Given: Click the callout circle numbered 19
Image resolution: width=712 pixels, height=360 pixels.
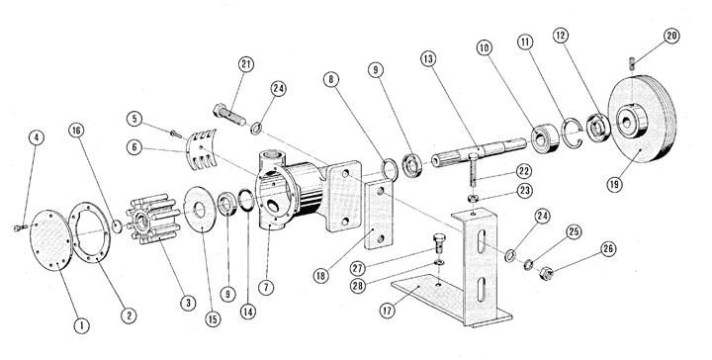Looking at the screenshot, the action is coord(616,184).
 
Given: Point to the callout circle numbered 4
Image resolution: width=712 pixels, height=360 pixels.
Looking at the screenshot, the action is coord(37,138).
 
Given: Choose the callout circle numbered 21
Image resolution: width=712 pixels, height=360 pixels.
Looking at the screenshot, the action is coord(245,65).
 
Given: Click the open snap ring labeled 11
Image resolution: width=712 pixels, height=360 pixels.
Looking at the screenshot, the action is coord(573,133).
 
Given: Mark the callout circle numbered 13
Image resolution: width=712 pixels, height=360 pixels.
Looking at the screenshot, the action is coord(428,58).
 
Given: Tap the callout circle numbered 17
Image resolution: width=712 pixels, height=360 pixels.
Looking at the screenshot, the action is coord(387,311).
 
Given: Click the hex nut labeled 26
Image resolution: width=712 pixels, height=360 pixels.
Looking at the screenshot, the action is coord(547,273).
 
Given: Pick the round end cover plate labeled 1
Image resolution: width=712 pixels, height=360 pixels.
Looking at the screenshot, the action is coord(50,239).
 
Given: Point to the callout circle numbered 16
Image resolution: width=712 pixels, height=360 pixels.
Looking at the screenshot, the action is coord(76,131).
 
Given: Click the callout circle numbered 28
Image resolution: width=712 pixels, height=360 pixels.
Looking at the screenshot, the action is coord(358,286).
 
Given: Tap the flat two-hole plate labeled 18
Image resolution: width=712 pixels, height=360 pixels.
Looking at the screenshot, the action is coord(378,216).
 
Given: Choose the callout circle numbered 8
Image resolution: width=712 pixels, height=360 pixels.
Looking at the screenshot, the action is coord(331,80).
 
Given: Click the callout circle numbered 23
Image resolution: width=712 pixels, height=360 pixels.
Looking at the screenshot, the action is coord(524,190).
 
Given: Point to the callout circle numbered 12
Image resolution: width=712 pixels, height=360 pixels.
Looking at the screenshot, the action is coord(562,36).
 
